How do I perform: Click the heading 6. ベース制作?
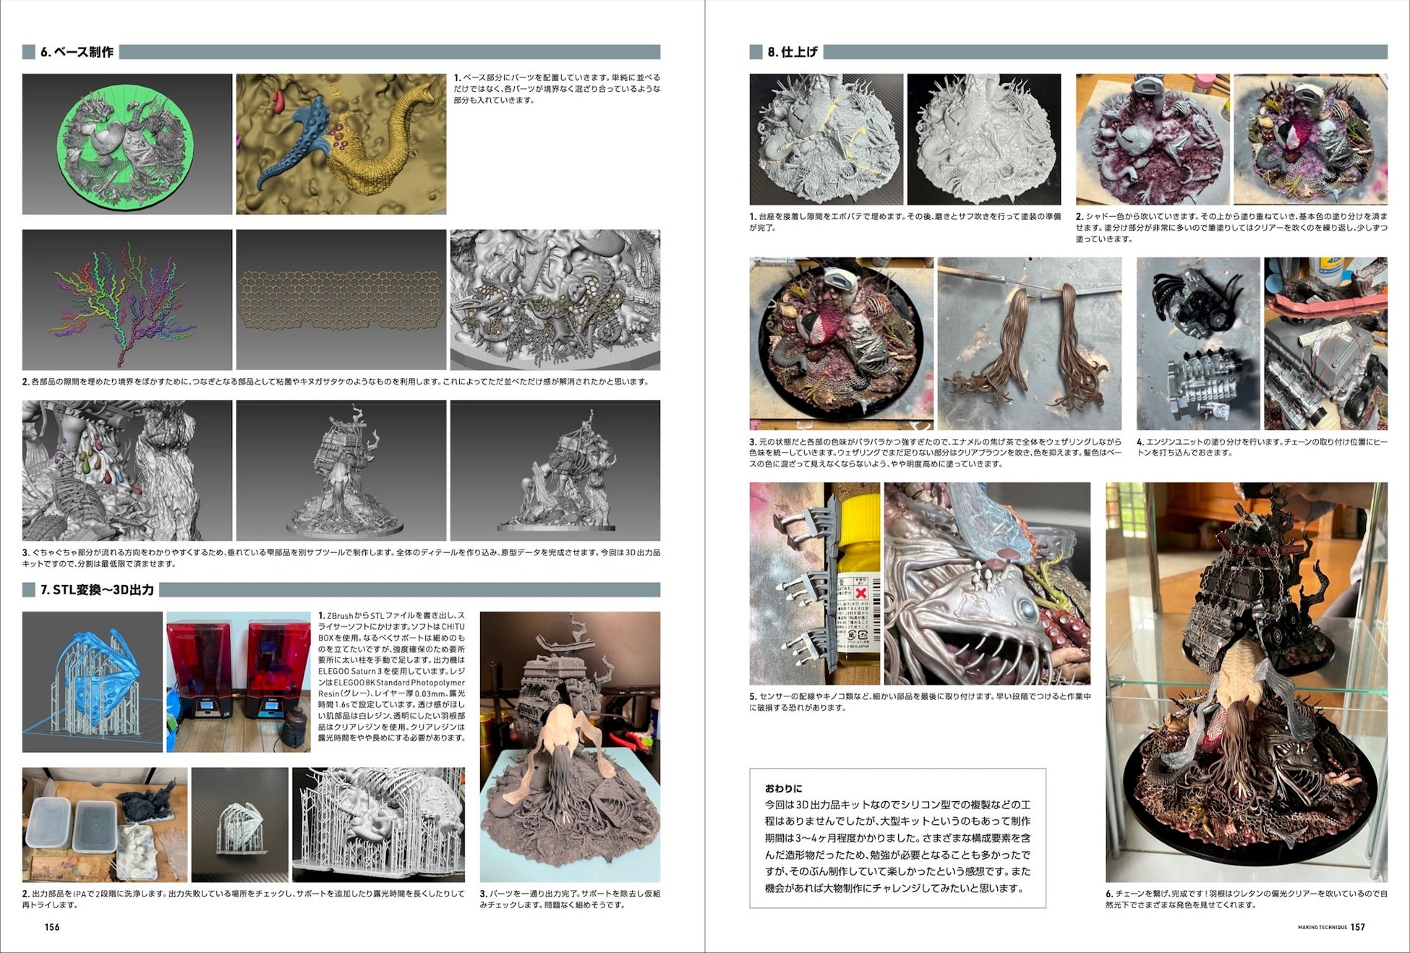pyautogui.click(x=77, y=52)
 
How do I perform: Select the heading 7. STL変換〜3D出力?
pyautogui.click(x=97, y=590)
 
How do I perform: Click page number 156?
pyautogui.click(x=52, y=927)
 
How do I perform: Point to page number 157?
pyautogui.click(x=1358, y=927)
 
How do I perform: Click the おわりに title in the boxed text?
pyautogui.click(x=784, y=788)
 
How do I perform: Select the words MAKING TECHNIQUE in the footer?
pyautogui.click(x=1323, y=928)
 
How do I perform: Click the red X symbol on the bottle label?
pyautogui.click(x=860, y=593)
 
